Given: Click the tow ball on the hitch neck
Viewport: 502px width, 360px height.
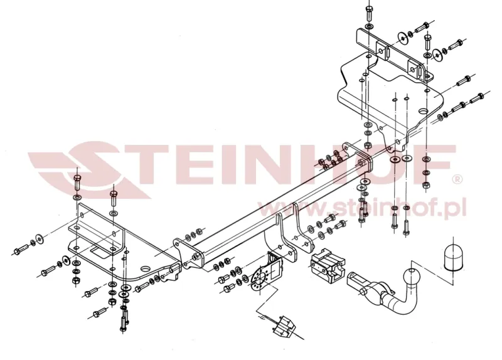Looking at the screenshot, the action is [x=411, y=277].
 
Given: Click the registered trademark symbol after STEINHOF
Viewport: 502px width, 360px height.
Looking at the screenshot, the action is [x=458, y=180].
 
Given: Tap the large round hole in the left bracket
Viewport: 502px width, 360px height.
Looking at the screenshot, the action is [x=146, y=268].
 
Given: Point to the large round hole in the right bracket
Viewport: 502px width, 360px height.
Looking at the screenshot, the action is [x=424, y=111].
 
